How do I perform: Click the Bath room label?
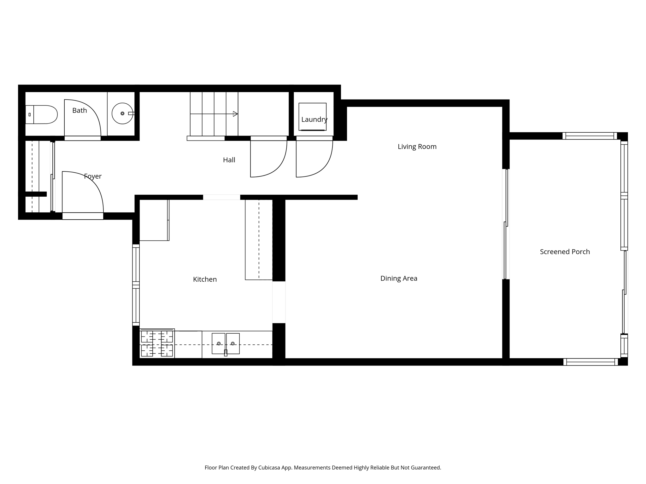click(79, 110)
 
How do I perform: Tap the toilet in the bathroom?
click(41, 115)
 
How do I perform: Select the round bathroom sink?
click(122, 113)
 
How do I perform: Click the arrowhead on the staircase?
click(235, 114)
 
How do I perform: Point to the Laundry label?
click(314, 119)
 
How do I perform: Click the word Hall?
click(229, 160)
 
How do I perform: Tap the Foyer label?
click(93, 176)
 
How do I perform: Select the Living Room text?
click(417, 147)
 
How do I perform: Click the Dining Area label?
click(399, 279)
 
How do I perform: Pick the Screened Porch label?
click(565, 252)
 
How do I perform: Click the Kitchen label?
click(205, 279)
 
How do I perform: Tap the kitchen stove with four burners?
click(157, 343)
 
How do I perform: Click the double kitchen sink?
click(226, 343)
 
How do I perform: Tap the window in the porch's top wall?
click(590, 136)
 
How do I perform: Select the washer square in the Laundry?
click(313, 117)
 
